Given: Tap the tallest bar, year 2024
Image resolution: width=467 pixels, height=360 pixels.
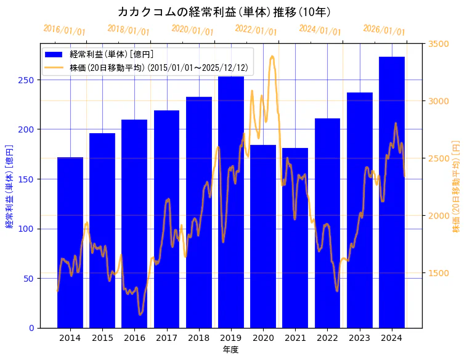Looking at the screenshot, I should [x=392, y=192].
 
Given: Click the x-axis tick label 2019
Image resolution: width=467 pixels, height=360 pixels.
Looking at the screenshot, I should [x=231, y=338].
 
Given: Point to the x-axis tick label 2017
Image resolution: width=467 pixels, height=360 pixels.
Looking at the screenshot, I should [x=166, y=338].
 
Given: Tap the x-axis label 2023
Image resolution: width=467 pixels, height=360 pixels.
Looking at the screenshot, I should [x=360, y=338].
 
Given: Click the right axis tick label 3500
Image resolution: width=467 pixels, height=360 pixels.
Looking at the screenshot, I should [x=439, y=44].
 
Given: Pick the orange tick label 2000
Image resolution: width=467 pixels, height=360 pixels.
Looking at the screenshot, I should [x=439, y=216].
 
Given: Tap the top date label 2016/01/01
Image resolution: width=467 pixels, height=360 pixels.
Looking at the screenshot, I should [x=65, y=30].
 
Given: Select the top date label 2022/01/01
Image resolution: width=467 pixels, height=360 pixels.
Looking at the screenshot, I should [x=256, y=30].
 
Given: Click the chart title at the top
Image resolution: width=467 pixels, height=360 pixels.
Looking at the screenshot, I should [x=224, y=12].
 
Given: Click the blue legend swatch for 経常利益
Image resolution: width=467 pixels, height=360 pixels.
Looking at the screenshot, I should [x=54, y=54].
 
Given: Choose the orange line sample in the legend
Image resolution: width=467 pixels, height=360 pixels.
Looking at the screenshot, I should [x=54, y=67].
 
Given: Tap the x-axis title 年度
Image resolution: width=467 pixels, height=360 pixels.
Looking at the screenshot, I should [x=230, y=350].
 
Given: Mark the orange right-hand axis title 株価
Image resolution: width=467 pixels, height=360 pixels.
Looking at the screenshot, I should [x=457, y=186].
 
